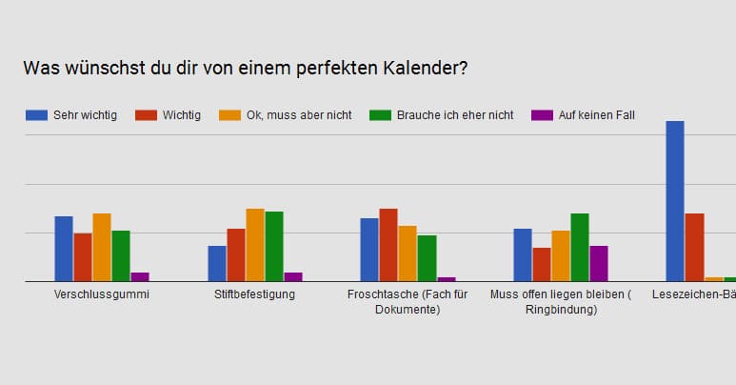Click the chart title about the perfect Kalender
click(x=246, y=69)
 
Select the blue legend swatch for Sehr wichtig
click(x=36, y=115)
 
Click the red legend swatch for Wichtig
click(x=145, y=115)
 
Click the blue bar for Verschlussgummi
click(x=64, y=249)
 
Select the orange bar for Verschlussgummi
click(x=102, y=247)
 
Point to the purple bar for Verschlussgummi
click(x=140, y=276)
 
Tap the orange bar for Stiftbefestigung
click(x=255, y=245)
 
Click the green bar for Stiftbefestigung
click(x=274, y=246)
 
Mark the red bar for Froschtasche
click(x=388, y=245)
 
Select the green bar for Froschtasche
click(x=427, y=258)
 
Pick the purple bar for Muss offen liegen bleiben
click(x=599, y=263)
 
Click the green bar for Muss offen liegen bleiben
click(x=580, y=247)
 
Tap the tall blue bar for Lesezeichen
click(x=675, y=201)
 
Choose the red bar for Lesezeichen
click(x=695, y=247)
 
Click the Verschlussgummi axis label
click(x=102, y=294)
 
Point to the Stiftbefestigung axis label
click(x=255, y=294)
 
